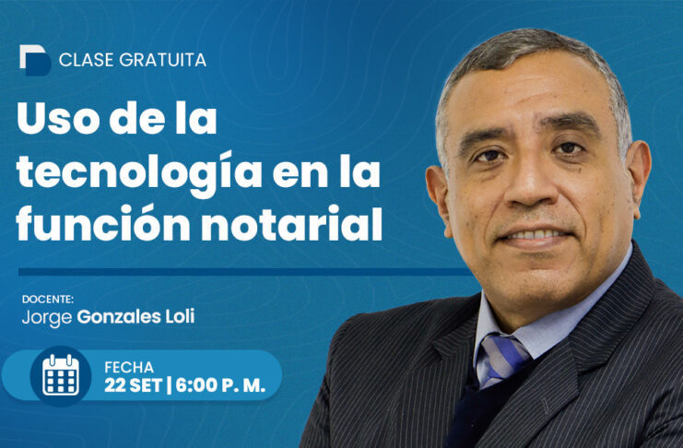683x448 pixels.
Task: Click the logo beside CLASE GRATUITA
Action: point(35,60)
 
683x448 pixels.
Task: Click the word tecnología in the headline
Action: point(139,173)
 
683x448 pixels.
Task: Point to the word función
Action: point(103,224)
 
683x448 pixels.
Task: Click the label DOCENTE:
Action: point(48,300)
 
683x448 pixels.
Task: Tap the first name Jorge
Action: point(47,318)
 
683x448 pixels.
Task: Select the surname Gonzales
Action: point(119,317)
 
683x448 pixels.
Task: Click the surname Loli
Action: point(180,317)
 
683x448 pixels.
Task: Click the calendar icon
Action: point(61,375)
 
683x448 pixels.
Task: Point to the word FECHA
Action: point(129,368)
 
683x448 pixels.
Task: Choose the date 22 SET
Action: point(134,385)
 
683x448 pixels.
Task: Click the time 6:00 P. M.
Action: point(220,385)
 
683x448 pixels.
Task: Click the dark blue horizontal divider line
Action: point(245,272)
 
